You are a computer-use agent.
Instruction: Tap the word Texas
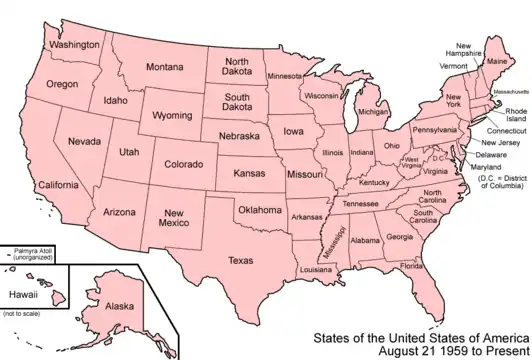tap(241, 261)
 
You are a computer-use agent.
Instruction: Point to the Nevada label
tap(84, 142)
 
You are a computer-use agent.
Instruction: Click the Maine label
tap(496, 62)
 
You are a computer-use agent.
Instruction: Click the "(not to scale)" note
tap(22, 344)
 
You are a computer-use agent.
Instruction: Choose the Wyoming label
tap(171, 116)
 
